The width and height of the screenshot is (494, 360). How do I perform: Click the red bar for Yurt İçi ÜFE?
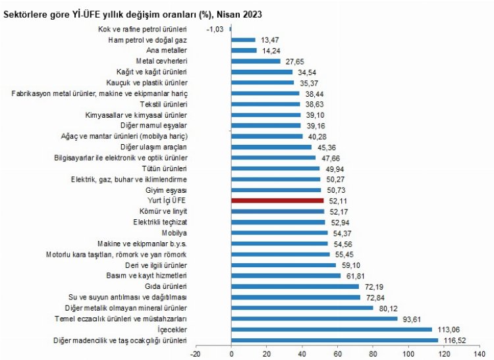277,200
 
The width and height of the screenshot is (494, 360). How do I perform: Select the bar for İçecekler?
331,329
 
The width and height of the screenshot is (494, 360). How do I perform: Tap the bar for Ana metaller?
244,50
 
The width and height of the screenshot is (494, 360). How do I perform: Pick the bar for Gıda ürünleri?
295,286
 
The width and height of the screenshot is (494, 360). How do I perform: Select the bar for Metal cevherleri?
256,61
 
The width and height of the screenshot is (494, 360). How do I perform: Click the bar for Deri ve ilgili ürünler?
283,265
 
